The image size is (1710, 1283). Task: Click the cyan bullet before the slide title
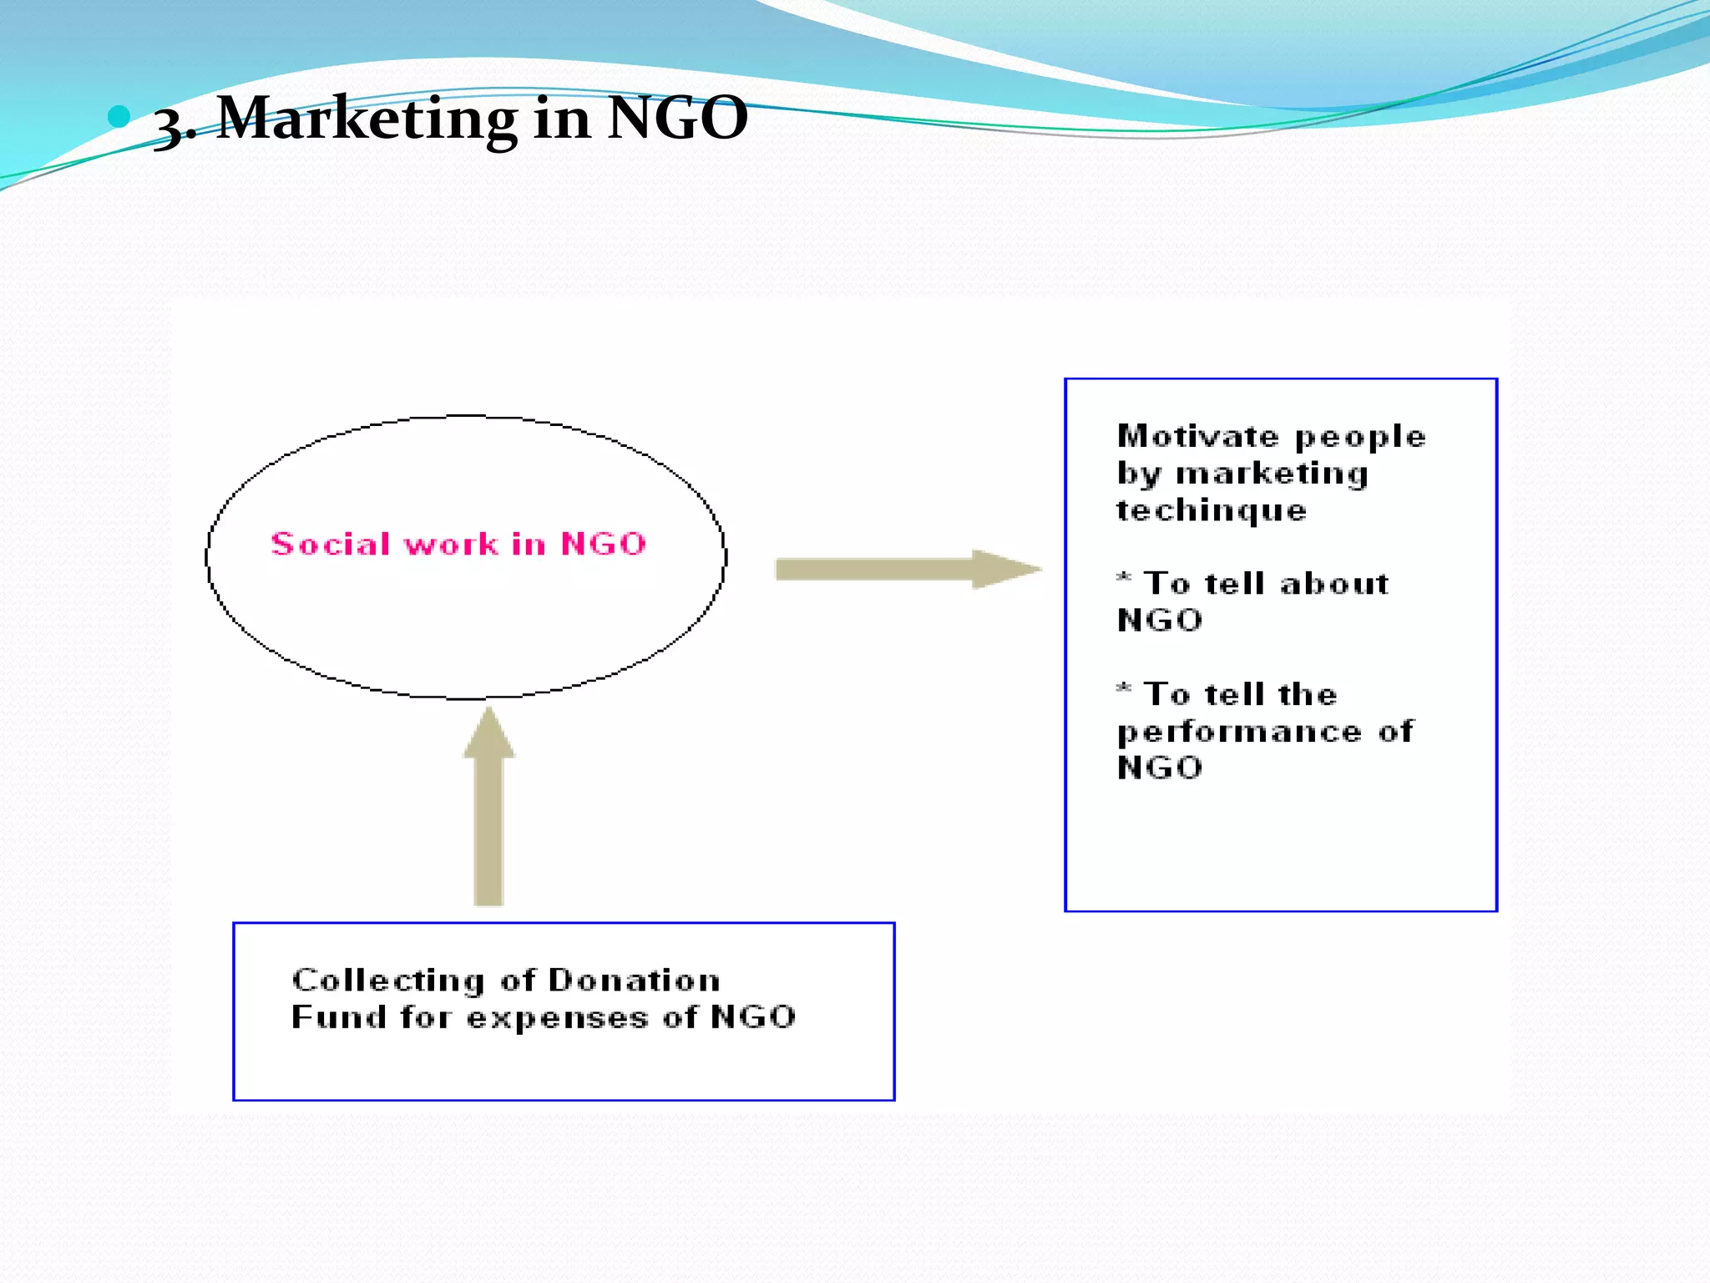point(119,116)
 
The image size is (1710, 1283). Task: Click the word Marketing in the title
point(367,118)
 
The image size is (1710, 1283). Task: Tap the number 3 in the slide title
point(171,125)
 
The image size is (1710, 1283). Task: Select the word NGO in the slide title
point(677,118)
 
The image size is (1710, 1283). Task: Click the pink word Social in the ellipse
point(331,544)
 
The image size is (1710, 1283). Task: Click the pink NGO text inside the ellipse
point(604,544)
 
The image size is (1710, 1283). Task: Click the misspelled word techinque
point(1212,510)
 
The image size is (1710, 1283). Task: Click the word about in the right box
point(1334,583)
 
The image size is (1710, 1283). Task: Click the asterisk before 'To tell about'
point(1124,578)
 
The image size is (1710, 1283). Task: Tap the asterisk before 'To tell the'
point(1124,689)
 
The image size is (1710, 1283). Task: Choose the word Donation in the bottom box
point(634,980)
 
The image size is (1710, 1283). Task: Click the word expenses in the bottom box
point(557,1018)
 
